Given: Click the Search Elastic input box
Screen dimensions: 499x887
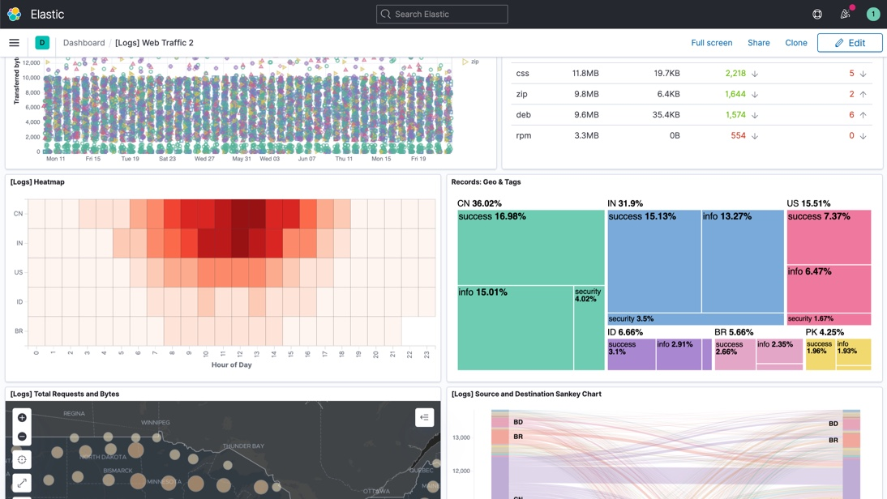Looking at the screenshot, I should (x=442, y=14).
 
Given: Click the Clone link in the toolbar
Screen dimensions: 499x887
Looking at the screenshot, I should (x=795, y=43).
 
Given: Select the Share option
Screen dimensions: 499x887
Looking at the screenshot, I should (x=758, y=43).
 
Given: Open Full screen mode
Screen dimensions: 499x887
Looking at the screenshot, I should (x=711, y=43).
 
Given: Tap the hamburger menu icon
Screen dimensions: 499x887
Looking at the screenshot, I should (x=14, y=43).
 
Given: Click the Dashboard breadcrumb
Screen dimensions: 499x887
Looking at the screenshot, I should (x=84, y=43).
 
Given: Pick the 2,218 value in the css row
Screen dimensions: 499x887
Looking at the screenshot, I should (x=735, y=73).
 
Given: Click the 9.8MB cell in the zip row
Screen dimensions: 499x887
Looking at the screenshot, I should (x=585, y=94).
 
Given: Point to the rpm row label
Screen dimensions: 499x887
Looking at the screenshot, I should (x=524, y=135).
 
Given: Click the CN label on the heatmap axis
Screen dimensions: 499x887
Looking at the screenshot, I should (x=18, y=214).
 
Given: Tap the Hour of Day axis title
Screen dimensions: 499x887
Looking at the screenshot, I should (x=231, y=365).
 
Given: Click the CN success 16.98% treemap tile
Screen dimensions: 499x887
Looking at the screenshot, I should (x=531, y=247).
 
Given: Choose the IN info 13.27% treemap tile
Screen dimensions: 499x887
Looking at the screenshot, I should (x=742, y=261).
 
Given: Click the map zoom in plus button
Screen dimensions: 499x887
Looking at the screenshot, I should (x=22, y=417).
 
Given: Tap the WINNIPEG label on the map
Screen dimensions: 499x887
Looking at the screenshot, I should (x=156, y=422).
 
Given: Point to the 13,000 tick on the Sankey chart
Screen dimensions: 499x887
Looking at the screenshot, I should (x=461, y=437).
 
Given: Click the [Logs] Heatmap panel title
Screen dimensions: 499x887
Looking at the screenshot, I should (x=37, y=182).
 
